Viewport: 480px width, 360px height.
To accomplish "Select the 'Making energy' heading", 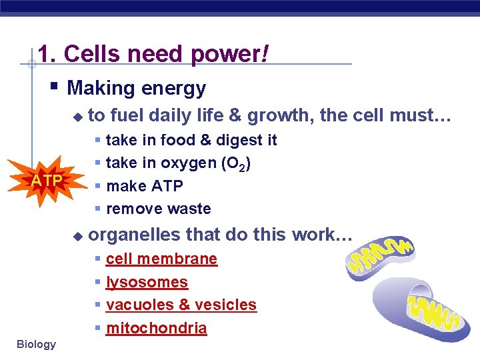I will click(x=137, y=88).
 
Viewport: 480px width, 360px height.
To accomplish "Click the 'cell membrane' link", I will click(x=161, y=259).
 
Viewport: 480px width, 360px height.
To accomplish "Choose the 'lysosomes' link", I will click(x=147, y=282).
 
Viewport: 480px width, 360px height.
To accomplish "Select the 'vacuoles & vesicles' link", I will click(x=181, y=305).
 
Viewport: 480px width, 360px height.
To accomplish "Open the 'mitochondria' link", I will click(x=156, y=328).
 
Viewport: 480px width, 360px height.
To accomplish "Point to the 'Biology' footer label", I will click(x=36, y=344).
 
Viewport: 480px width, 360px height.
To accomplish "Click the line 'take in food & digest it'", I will click(x=191, y=140).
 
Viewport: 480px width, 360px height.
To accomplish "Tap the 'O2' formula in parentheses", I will click(x=236, y=164).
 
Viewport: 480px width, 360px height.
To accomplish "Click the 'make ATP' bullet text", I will click(x=144, y=186).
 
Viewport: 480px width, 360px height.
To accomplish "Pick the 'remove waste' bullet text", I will click(x=158, y=209).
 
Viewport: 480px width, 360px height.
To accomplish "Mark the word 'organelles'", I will click(x=135, y=235).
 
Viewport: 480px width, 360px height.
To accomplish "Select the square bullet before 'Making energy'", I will click(x=55, y=87).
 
